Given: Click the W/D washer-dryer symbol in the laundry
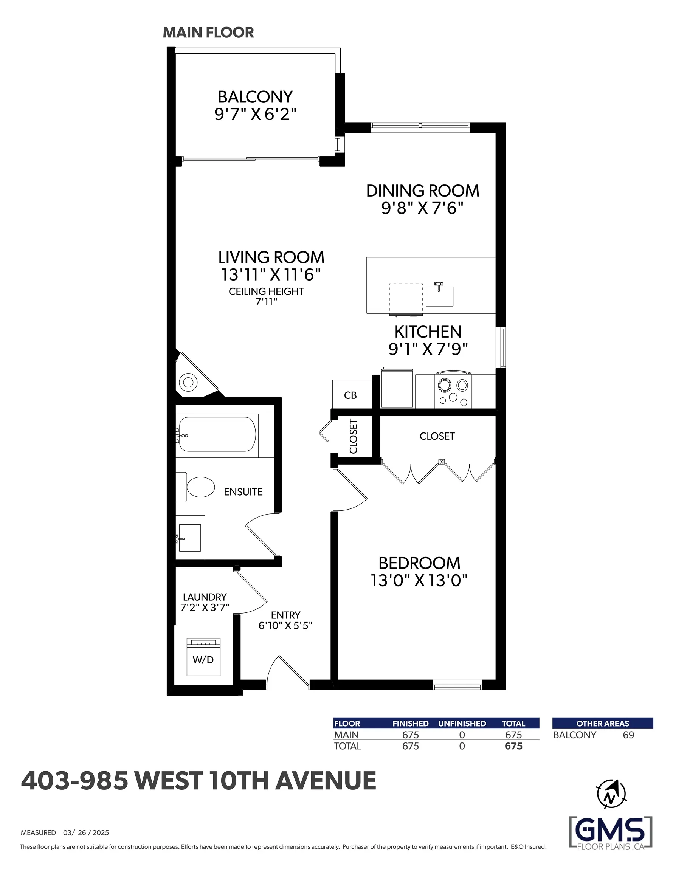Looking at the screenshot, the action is coord(203,657).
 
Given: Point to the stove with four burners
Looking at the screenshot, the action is coord(453,391).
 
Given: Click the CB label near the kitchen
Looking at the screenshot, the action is coord(350,395).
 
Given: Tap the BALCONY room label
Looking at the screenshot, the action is coord(255,97).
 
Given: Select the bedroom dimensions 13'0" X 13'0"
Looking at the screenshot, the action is coord(419,581).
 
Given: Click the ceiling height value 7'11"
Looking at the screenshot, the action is coord(266,302).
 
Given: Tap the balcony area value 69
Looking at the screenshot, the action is coord(628,735).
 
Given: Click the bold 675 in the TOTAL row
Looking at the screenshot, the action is coord(513,746).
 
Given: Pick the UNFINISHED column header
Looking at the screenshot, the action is coord(462,724).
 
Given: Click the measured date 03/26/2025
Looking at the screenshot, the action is coord(86,833).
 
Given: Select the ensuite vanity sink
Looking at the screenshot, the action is coord(190,538).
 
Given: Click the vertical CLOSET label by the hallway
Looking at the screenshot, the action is coord(354,436).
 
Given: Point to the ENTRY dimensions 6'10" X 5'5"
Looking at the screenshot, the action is coord(285,625).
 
